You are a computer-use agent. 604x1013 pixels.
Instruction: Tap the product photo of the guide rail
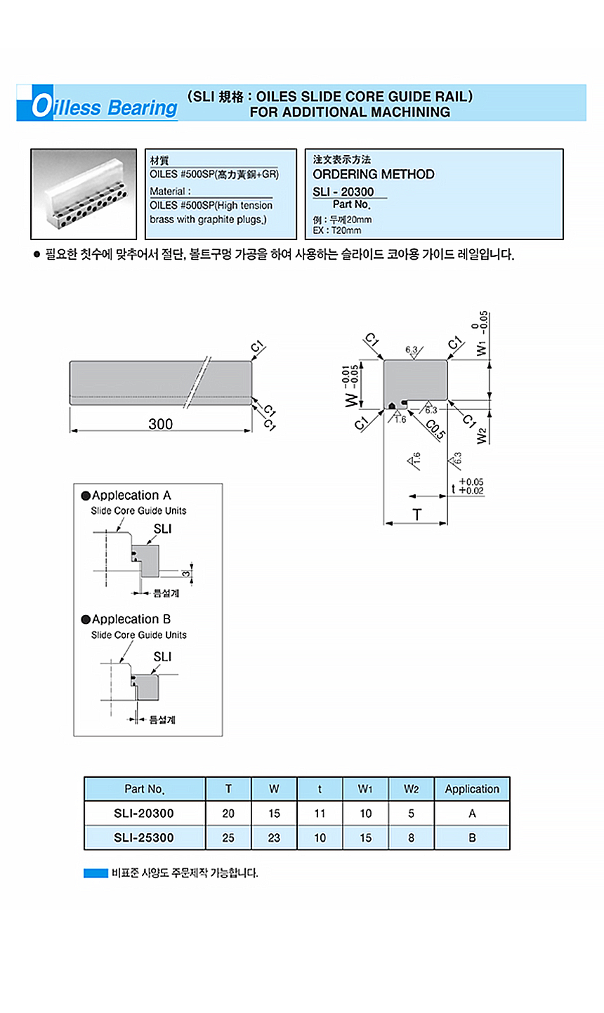[84, 194]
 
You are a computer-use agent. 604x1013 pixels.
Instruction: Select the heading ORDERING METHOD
[373, 174]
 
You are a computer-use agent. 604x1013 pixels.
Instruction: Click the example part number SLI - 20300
[343, 192]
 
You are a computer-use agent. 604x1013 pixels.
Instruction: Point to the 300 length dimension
[160, 423]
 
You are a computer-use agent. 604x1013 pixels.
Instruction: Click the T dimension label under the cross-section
[416, 515]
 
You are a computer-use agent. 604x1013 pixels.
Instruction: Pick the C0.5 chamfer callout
[435, 429]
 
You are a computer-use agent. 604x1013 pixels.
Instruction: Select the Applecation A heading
[131, 496]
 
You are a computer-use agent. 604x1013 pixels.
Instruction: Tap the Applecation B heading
[131, 619]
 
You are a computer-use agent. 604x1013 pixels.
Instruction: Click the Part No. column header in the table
[145, 789]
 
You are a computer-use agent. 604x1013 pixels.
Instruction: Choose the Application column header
[472, 789]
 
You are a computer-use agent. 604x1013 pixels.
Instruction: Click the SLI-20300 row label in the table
[144, 814]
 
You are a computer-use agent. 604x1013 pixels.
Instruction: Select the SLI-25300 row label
[144, 837]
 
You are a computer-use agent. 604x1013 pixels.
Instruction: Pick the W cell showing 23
[274, 837]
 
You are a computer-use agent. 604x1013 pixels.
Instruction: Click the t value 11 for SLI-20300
[320, 814]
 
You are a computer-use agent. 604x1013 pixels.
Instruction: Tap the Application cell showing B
[472, 837]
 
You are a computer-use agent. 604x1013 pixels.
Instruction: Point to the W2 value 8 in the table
[411, 837]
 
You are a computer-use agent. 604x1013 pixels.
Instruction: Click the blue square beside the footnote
[96, 873]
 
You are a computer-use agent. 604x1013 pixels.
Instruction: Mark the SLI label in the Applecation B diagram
[162, 657]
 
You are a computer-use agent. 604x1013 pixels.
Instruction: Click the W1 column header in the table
[365, 789]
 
